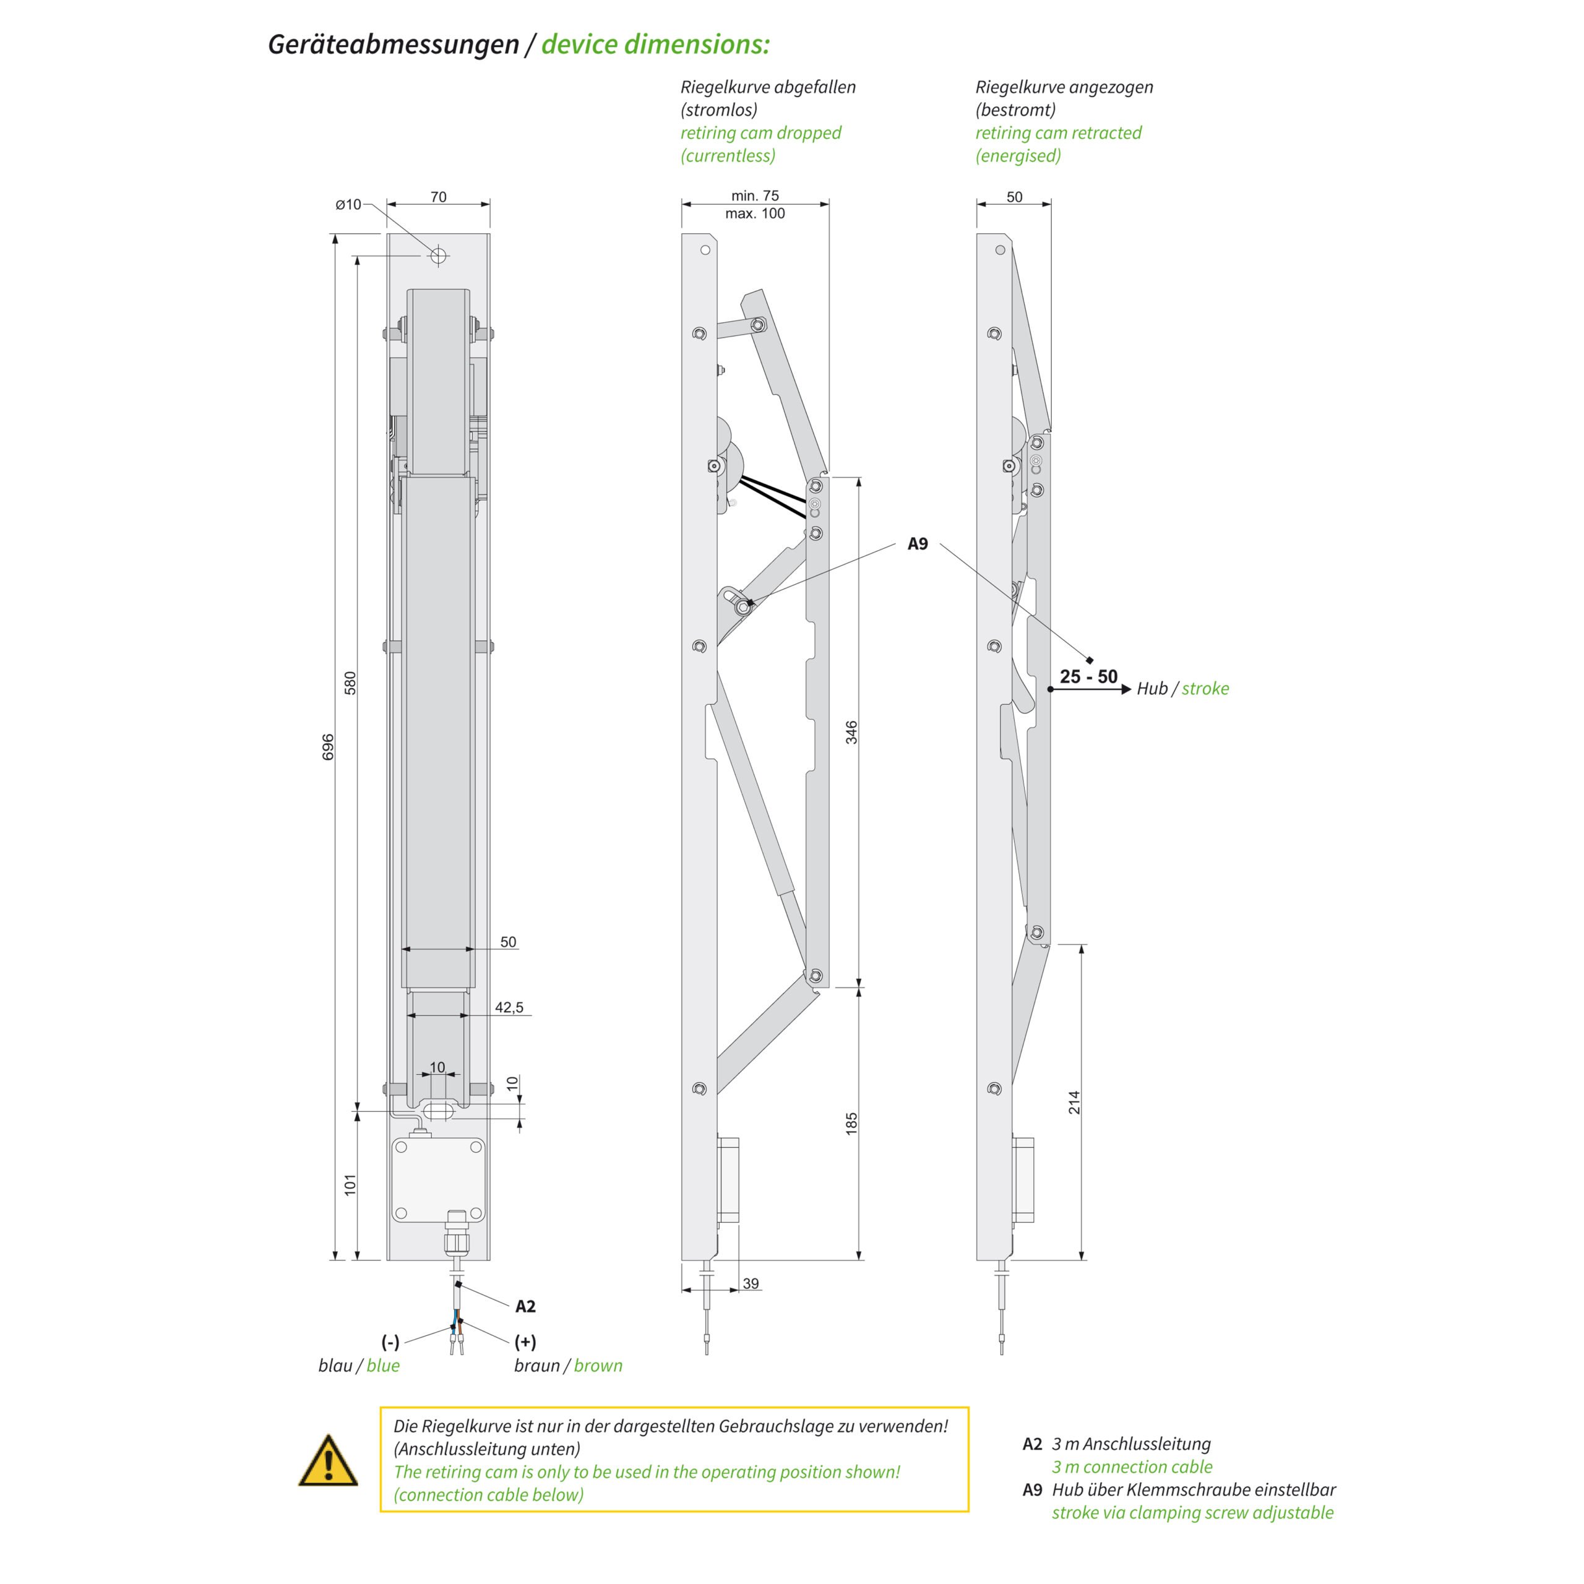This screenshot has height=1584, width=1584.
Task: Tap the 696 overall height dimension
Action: (328, 746)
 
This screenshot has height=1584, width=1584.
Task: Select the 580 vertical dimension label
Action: (350, 683)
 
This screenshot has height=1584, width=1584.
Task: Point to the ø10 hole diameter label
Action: (348, 204)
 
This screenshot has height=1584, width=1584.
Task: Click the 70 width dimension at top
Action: (439, 197)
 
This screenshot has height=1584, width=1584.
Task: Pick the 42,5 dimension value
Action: (509, 1007)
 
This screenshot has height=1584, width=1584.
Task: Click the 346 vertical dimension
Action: (852, 732)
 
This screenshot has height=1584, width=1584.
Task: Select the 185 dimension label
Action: (852, 1123)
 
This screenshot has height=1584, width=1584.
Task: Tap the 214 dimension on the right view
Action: (1074, 1102)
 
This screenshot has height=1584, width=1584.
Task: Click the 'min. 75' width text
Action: (755, 195)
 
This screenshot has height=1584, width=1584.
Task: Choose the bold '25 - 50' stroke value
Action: (1088, 676)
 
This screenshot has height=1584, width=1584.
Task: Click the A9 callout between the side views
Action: (918, 544)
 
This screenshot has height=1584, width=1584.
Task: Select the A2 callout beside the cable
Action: (525, 1306)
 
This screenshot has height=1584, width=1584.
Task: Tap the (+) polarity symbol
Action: (525, 1341)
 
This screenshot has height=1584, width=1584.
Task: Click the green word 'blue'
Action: (383, 1365)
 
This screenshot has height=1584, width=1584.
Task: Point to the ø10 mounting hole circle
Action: (438, 256)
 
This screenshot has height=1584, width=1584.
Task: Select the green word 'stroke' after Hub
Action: (1205, 689)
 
